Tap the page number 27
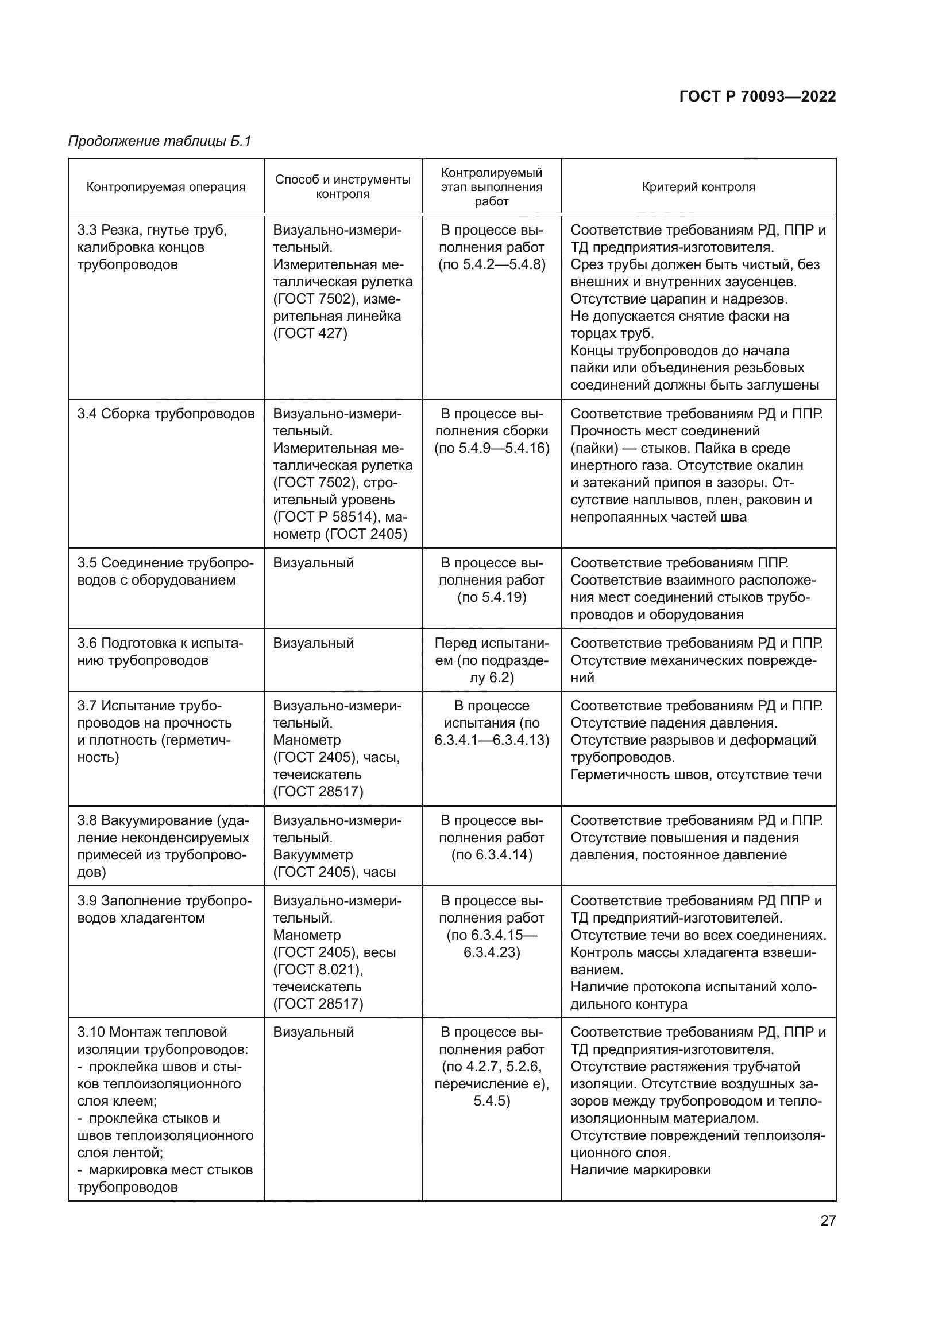click(828, 1220)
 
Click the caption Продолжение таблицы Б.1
click(159, 141)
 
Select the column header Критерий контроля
click(698, 187)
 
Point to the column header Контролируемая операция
click(165, 187)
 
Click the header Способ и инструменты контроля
click(343, 186)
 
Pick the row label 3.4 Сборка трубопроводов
click(165, 414)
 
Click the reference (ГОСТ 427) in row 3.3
click(310, 333)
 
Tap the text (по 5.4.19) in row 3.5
click(492, 597)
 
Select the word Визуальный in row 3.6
click(313, 643)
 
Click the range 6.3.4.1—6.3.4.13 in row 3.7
click(492, 740)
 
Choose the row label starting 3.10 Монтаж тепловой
click(152, 1032)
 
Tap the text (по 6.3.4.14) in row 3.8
click(492, 854)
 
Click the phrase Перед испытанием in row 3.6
click(492, 644)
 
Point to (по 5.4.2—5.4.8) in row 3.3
click(492, 264)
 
